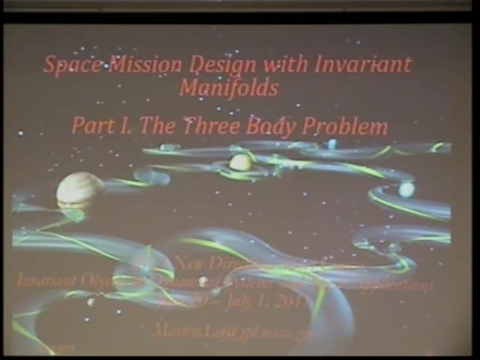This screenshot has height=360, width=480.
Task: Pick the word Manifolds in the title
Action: (x=229, y=88)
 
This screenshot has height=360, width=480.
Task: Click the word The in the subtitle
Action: (x=157, y=125)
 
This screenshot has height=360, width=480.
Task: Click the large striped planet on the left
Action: (x=79, y=191)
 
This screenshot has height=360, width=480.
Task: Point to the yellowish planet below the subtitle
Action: (x=240, y=161)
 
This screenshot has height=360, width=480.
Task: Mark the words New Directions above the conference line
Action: (x=217, y=262)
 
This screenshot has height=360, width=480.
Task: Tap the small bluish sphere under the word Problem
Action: (x=331, y=144)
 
